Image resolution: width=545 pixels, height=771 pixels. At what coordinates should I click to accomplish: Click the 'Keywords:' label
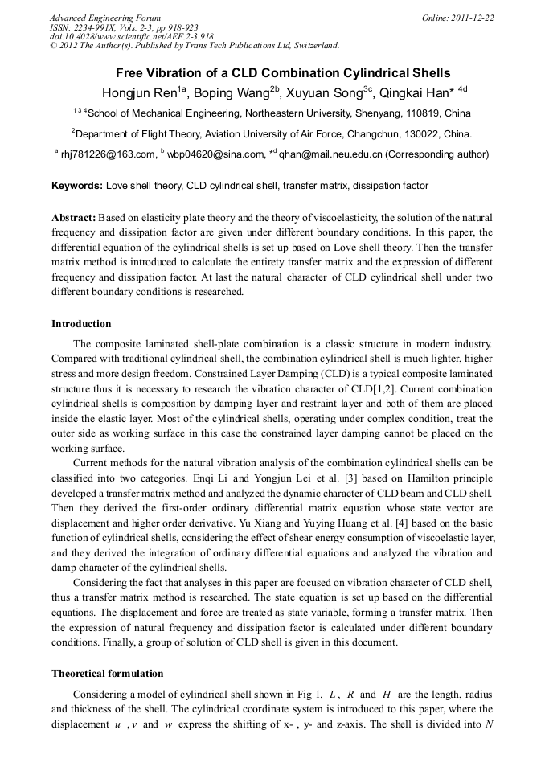click(x=77, y=186)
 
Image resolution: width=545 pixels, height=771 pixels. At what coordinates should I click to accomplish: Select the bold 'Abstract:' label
click(x=74, y=218)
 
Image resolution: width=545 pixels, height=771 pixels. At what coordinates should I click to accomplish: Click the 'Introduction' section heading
click(x=81, y=324)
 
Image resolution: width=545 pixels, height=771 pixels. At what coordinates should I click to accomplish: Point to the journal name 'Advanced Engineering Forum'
click(x=104, y=18)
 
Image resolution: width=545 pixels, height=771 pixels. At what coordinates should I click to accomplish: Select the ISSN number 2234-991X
click(x=107, y=27)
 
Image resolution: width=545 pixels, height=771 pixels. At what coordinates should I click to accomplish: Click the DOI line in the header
click(x=131, y=36)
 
